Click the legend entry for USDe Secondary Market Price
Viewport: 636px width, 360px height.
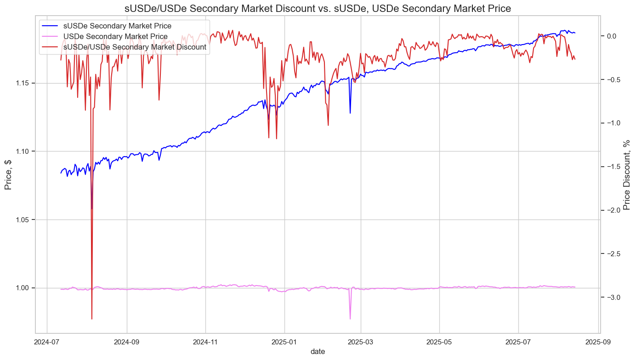[x=115, y=36]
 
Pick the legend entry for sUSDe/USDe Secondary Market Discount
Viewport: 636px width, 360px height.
[x=134, y=47]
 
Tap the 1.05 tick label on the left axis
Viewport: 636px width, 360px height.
[x=23, y=219]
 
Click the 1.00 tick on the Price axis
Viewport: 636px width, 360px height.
[x=23, y=288]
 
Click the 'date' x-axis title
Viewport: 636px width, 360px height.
[x=318, y=351]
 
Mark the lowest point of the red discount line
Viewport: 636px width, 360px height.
[x=92, y=319]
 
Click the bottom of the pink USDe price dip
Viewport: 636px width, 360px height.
[x=350, y=319]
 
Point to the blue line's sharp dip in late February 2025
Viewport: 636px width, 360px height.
[x=350, y=113]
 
